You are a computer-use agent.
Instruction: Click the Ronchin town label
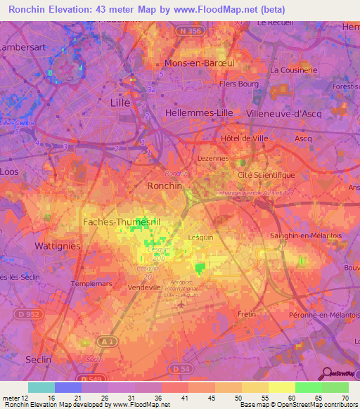point(165,186)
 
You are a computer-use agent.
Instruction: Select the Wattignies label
point(57,247)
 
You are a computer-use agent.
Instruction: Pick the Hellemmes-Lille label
point(195,112)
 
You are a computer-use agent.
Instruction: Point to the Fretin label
point(247,313)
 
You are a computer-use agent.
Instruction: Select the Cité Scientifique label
point(266,175)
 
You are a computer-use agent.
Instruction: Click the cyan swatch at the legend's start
point(41,387)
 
